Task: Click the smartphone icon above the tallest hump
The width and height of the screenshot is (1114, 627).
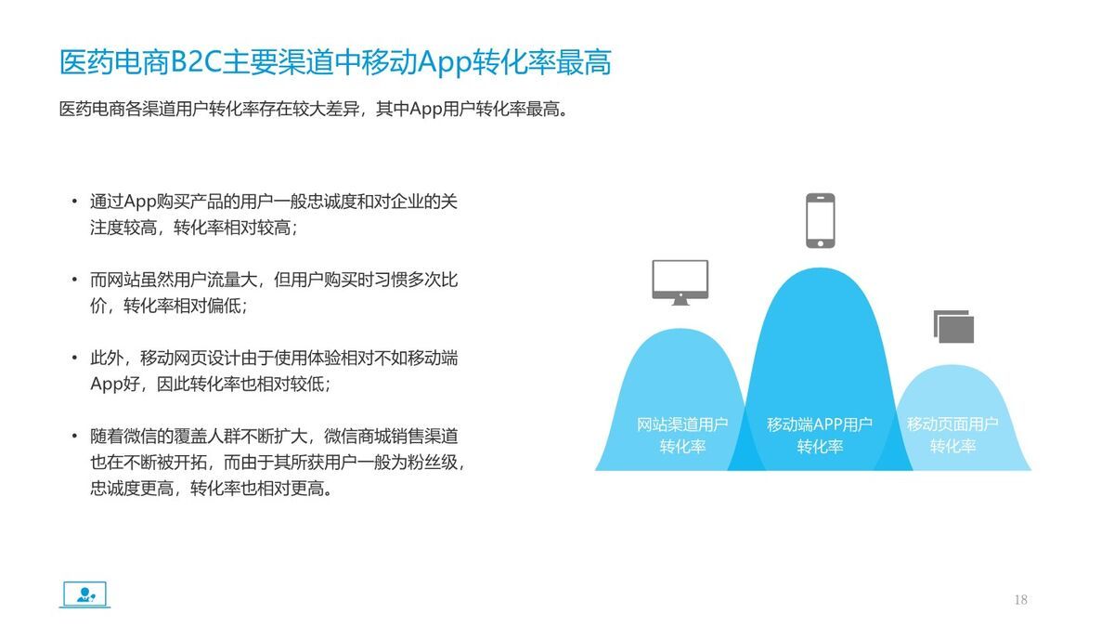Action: click(820, 220)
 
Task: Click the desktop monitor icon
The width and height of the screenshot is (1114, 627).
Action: click(680, 282)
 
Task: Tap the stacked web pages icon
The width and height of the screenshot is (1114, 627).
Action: click(953, 326)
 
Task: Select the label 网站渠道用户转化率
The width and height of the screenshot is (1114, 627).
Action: click(682, 436)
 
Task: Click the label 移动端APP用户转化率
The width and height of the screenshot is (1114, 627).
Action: click(820, 436)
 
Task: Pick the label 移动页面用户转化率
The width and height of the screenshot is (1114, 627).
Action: click(952, 436)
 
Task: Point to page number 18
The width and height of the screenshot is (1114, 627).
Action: click(1020, 600)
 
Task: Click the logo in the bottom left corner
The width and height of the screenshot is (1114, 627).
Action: click(84, 594)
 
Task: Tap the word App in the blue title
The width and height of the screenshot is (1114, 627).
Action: click(445, 63)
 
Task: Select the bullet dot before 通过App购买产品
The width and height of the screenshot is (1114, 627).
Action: click(74, 202)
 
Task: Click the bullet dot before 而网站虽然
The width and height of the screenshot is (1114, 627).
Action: click(74, 280)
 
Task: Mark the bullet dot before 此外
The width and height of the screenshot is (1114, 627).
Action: click(74, 358)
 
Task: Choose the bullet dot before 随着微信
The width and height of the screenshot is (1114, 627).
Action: click(74, 436)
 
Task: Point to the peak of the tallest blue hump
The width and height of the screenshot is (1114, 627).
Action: click(820, 270)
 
